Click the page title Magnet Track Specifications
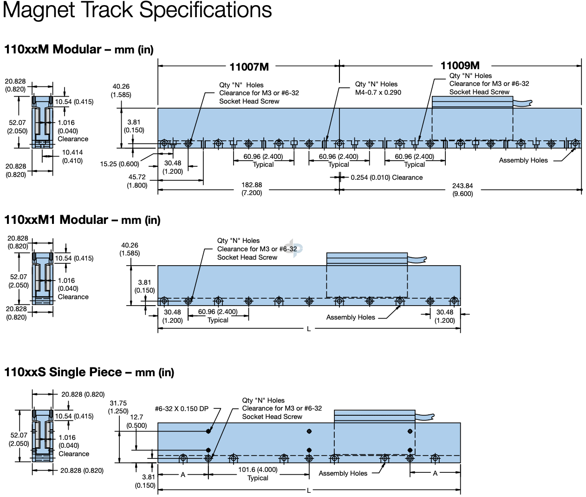tap(137, 10)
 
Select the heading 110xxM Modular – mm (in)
tap(78, 49)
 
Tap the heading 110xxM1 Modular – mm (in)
tap(82, 220)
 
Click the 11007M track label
tap(249, 67)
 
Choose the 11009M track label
tap(460, 66)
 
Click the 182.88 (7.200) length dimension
tap(252, 189)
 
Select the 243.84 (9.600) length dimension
tap(462, 190)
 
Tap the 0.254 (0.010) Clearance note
tap(386, 177)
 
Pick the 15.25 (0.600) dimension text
tap(119, 164)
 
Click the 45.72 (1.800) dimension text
tap(137, 181)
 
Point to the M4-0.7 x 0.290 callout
tap(378, 92)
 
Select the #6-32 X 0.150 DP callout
tap(182, 409)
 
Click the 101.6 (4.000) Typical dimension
tap(258, 473)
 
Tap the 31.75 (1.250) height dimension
tap(118, 407)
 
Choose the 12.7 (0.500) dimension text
tap(137, 421)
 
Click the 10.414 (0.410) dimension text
tap(72, 157)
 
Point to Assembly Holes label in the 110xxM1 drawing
tap(350, 317)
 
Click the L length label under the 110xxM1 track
tap(309, 329)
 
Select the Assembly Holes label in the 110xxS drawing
tap(343, 473)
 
